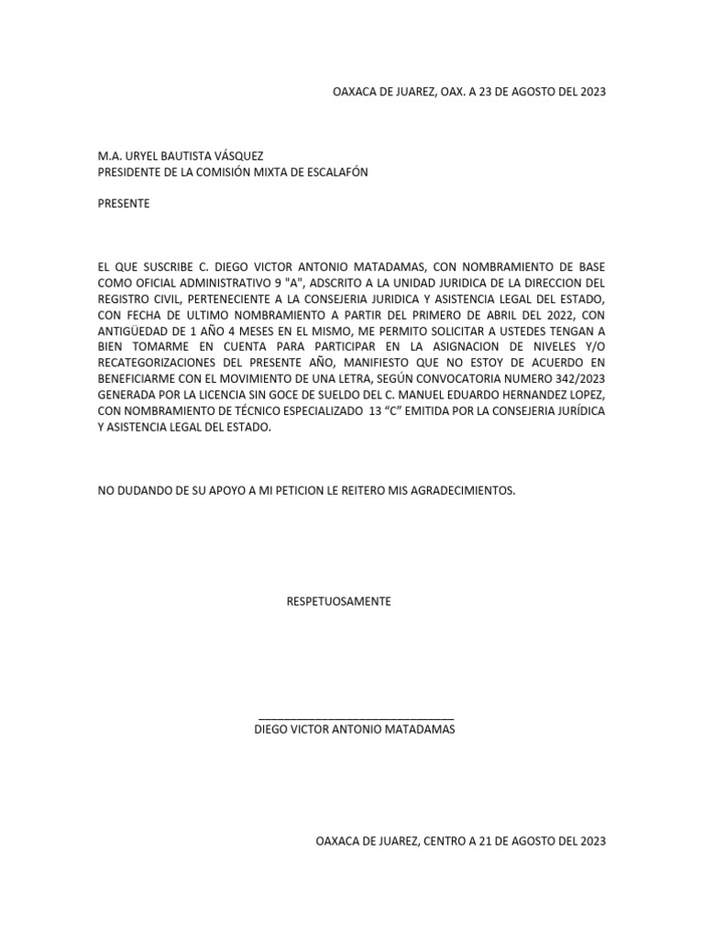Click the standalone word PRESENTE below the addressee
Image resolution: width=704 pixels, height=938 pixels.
pos(124,203)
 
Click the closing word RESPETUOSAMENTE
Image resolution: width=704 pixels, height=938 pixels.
pos(338,602)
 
